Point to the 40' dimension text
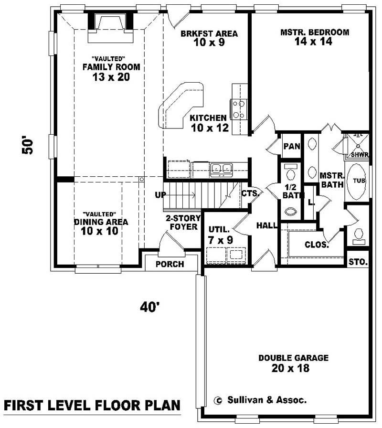(x=149, y=308)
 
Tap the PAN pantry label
(x=291, y=146)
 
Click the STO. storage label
(x=358, y=262)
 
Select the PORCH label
(x=170, y=264)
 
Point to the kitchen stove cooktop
(x=239, y=109)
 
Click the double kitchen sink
(x=222, y=168)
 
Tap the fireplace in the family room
(x=109, y=22)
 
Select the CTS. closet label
(x=250, y=194)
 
